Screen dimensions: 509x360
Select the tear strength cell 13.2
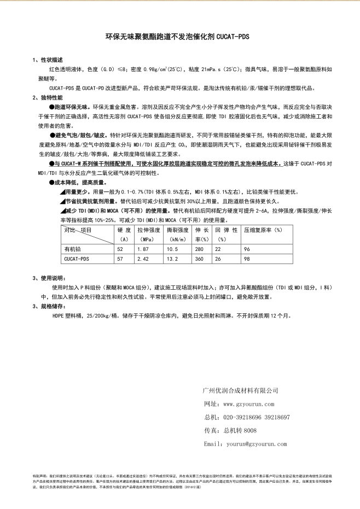click(173, 259)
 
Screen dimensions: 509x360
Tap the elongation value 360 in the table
click(200, 259)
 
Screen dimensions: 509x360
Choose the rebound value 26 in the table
click(219, 259)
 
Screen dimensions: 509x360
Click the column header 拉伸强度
click(148, 230)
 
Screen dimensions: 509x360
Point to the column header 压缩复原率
click(263, 230)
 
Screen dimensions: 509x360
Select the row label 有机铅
click(72, 249)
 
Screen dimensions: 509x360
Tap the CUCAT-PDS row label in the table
click(77, 259)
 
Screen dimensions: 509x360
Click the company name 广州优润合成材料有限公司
click(240, 390)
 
